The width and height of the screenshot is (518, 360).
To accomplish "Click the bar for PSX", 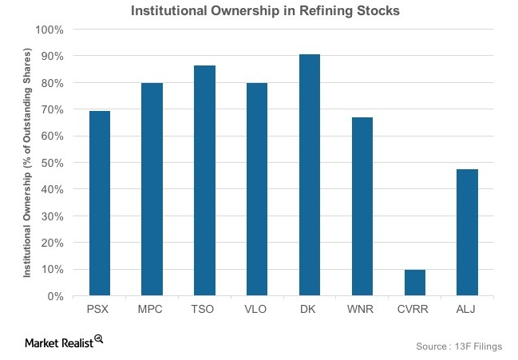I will pos(100,204).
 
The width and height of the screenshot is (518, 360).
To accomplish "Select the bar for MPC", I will pos(152,189).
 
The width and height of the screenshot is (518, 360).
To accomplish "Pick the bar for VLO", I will pos(256,189).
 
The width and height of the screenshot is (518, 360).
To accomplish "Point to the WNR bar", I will pos(362,207).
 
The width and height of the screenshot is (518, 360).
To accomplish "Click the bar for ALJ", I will pos(466,232).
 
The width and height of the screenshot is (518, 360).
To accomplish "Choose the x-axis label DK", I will pos(309,310).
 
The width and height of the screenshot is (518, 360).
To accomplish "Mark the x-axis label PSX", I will pos(100,310).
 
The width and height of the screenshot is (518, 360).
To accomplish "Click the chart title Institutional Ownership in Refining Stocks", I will pos(259,10).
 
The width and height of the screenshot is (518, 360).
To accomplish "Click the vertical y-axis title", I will pos(27,163).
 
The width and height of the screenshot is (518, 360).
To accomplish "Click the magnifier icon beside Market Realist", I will pos(99,339).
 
